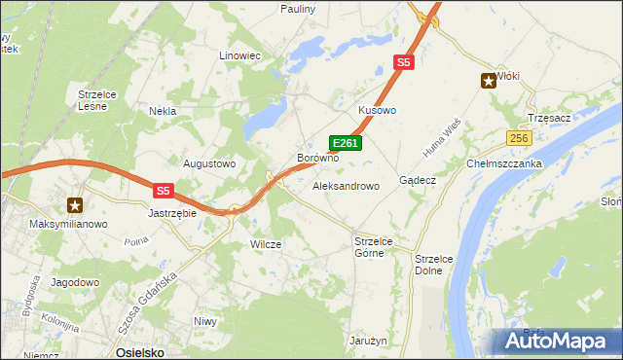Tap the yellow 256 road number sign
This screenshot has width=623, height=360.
[x=518, y=139]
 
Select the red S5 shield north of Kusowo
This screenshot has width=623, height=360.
[x=404, y=62]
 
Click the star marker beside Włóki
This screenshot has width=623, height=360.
[x=489, y=82]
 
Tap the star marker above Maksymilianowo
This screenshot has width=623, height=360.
[x=75, y=205]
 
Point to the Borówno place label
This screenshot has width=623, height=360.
[x=317, y=158]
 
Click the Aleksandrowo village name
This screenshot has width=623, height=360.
[x=346, y=185]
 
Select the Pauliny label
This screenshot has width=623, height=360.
[x=298, y=9]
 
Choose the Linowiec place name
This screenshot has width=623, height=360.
[x=240, y=56]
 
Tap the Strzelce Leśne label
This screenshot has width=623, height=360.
[x=97, y=100]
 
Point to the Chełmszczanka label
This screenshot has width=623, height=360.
[x=503, y=163]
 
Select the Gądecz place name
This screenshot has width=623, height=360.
[x=418, y=181]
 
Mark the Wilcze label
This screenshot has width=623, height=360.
[x=266, y=245]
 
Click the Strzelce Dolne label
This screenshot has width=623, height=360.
[x=428, y=265]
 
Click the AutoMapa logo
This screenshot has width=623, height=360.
[x=556, y=341]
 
